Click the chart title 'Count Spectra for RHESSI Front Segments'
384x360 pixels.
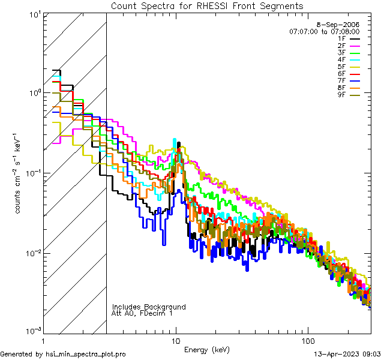click(x=207, y=5)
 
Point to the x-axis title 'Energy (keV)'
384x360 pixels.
click(x=206, y=349)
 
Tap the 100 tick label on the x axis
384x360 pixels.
click(x=307, y=340)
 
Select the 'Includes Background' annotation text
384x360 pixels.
click(x=149, y=307)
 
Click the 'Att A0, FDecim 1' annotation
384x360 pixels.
click(x=142, y=313)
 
